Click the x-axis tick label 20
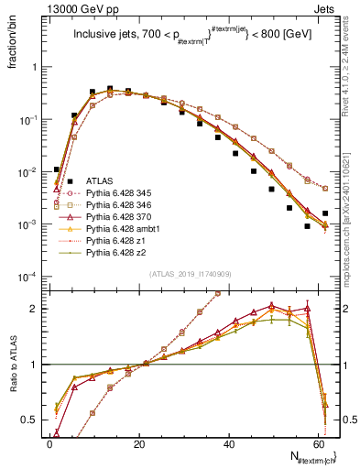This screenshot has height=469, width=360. (x=139, y=442)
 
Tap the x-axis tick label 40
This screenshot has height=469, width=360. (x=229, y=442)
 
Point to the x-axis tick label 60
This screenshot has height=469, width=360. (x=319, y=442)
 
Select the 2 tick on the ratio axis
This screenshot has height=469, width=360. (x=37, y=309)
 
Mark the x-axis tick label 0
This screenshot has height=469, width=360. (x=49, y=442)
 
